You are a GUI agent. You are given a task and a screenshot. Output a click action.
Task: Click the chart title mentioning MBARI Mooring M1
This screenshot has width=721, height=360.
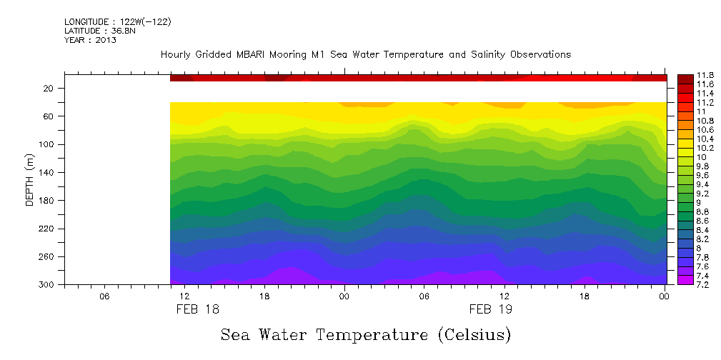coord(365,55)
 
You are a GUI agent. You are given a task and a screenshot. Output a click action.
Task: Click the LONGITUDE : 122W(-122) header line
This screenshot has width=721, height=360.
coord(117,22)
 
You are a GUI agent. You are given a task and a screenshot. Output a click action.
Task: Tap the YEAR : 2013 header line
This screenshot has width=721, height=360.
coord(90,40)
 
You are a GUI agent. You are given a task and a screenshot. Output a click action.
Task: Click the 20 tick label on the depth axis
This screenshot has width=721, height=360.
coord(51,89)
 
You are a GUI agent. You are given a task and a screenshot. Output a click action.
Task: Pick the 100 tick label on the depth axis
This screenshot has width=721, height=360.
coord(48,144)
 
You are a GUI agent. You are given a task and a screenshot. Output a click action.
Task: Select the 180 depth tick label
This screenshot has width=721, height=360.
coord(48,201)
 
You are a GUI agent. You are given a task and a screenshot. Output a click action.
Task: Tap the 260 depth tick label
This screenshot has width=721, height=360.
coord(48,256)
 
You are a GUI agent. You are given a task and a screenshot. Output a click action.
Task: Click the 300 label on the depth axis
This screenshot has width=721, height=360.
coord(48,285)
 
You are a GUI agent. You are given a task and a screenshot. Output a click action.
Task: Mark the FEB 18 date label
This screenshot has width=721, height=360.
coord(198,310)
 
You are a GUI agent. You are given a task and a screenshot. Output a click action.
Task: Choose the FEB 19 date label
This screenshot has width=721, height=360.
coord(491,310)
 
